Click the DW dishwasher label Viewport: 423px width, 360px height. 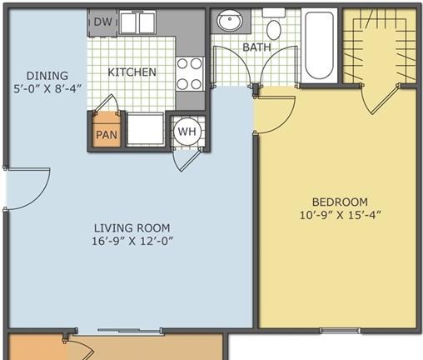pos(103,22)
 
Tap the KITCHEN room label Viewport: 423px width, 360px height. pos(132,72)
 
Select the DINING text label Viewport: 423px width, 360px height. pos(47,76)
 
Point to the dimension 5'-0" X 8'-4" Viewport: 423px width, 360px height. pos(47,89)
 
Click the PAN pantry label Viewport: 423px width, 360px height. pos(107,135)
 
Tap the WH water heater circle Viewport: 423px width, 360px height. pos(187,131)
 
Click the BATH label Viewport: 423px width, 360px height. pos(256,47)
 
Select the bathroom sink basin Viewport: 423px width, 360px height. pos(230,20)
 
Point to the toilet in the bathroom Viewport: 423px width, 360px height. pos(274,26)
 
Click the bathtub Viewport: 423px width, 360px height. pos(319,46)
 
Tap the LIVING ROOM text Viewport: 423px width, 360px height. pos(132,228)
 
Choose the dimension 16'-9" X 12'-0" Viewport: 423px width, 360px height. pos(132,241)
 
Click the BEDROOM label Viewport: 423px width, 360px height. pos(340,202)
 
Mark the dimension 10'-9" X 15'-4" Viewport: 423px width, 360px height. pos(340,215)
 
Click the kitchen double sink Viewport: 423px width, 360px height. pos(137,22)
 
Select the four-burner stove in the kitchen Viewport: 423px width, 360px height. pos(190,74)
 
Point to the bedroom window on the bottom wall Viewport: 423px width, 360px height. pos(340,331)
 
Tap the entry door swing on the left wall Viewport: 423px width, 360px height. pos(27,189)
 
